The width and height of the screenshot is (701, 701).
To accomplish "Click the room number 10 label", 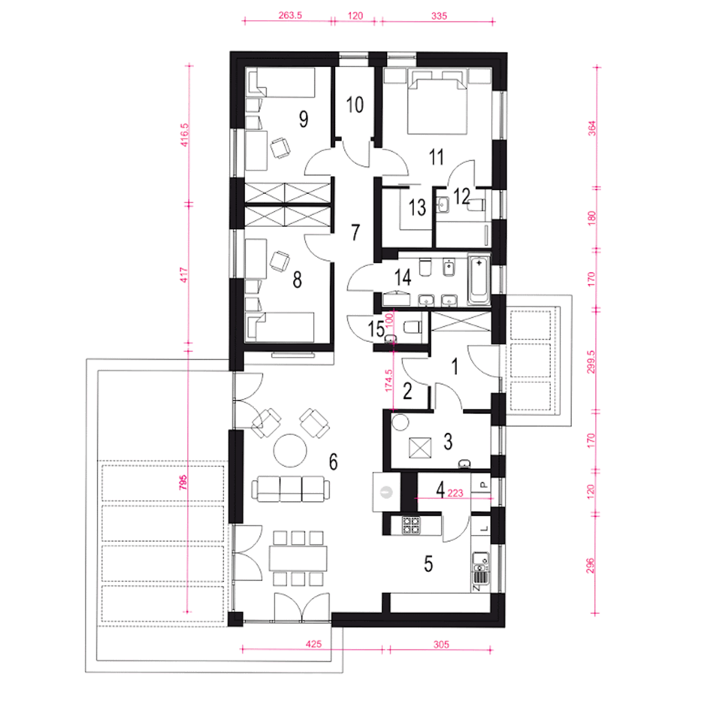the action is tap(355, 105).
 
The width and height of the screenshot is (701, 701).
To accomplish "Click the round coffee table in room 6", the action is tap(290, 450).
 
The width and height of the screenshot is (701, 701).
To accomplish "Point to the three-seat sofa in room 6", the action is tap(291, 489).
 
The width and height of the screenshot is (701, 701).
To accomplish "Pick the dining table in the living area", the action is tap(298, 558).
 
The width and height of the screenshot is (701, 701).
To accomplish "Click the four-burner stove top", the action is tap(411, 525).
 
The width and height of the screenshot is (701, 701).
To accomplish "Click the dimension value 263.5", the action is tap(290, 15).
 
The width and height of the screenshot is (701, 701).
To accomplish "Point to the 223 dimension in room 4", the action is tap(455, 493).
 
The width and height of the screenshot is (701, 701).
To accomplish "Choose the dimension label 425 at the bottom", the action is tap(314, 644).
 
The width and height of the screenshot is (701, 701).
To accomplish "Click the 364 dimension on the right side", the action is tap(592, 128).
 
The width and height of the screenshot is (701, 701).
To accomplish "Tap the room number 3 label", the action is tap(448, 441).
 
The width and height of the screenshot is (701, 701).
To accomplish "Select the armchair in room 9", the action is tap(280, 147).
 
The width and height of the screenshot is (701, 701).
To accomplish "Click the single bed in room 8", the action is tap(279, 326).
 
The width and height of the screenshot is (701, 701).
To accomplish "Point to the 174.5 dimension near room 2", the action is tap(389, 381).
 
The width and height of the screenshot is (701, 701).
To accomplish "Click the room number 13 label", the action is tap(417, 208).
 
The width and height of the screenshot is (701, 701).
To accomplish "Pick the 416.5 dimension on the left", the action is tap(185, 135).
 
